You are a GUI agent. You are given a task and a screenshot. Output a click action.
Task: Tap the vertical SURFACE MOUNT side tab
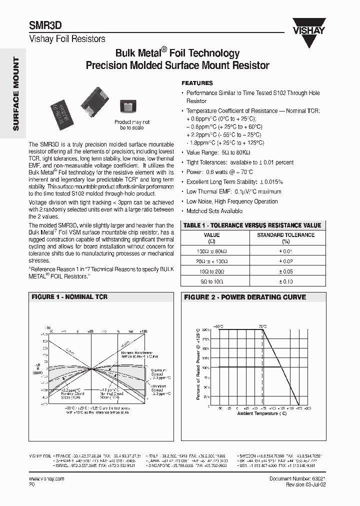click(x=15, y=94)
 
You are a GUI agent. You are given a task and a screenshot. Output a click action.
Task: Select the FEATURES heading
click(x=197, y=83)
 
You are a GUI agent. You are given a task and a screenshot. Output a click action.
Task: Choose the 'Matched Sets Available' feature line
click(x=214, y=211)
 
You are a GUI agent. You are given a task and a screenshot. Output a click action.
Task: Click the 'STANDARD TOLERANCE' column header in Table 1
click(x=285, y=235)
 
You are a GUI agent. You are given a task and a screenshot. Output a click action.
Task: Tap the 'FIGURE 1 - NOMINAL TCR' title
click(x=69, y=297)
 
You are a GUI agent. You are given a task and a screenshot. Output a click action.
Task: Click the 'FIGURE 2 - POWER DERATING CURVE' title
click(x=245, y=297)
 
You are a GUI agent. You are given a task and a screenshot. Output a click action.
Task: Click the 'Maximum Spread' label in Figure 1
click(x=158, y=372)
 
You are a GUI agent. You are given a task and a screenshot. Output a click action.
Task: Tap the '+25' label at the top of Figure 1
click(x=91, y=331)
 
